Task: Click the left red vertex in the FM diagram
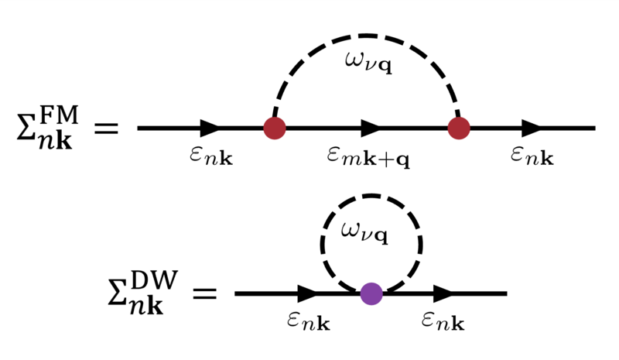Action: pos(274,128)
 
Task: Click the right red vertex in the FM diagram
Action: pos(459,128)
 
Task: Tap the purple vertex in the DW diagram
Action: pos(371,293)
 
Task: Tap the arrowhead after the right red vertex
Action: pos(532,128)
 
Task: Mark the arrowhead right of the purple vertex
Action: pos(443,293)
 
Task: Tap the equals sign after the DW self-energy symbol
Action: pos(204,293)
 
